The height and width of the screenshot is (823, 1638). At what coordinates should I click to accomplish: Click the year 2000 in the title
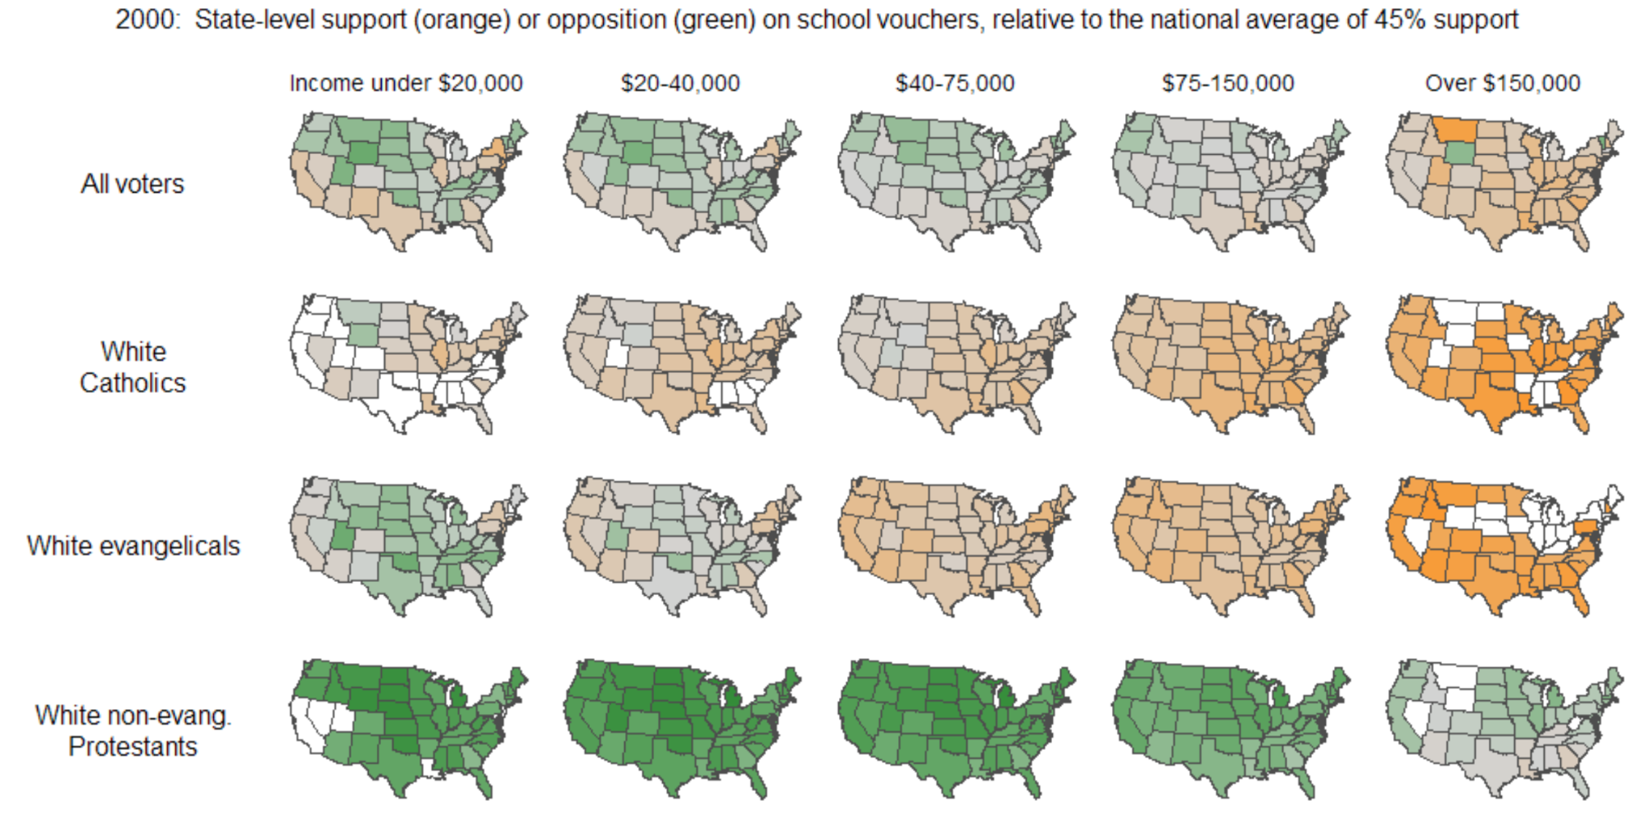tap(146, 19)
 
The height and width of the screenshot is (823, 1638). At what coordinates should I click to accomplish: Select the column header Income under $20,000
tap(406, 83)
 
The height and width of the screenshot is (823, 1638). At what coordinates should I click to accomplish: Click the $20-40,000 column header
tap(680, 83)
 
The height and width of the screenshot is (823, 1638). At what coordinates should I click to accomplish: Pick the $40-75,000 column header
tap(955, 83)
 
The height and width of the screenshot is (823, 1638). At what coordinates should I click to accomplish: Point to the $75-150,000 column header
tap(1227, 83)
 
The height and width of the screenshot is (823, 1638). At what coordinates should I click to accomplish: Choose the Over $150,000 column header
tap(1502, 83)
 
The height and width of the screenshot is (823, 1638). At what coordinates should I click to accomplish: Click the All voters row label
tap(132, 184)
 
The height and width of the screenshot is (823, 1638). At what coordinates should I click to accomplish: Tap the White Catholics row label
tap(132, 367)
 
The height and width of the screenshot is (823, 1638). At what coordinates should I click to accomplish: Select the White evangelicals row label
tap(133, 546)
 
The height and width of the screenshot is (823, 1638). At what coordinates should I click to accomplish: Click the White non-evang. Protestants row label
tap(133, 731)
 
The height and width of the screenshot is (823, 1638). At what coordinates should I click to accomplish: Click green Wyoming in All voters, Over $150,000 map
tap(1457, 152)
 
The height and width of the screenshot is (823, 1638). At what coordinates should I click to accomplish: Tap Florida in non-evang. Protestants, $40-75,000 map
tap(1033, 785)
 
